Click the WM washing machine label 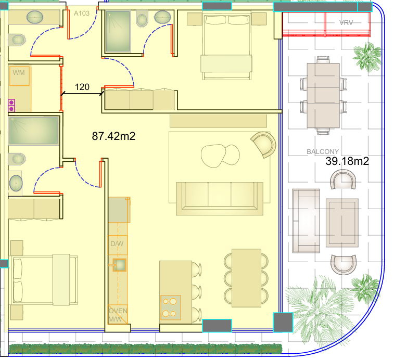point(19,73)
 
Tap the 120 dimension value point(82,87)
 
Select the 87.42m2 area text point(113,136)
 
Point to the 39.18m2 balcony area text point(347,161)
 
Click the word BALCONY point(323,152)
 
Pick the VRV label point(346,23)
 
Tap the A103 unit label point(82,14)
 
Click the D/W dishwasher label point(117,243)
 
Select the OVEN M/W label point(118,315)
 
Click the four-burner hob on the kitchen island point(171,307)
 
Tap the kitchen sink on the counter point(120,265)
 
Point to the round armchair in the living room point(264,145)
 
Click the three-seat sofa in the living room point(220,199)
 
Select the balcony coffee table point(342,223)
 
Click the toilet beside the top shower point(142,18)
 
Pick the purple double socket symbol point(11,106)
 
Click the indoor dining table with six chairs point(246,278)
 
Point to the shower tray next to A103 point(118,31)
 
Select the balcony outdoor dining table point(323,96)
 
